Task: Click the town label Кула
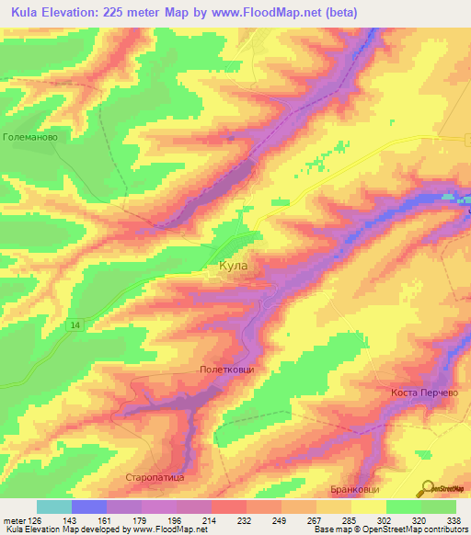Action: [234, 266]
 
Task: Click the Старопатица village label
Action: [155, 479]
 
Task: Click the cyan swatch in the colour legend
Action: [53, 507]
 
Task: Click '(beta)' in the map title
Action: [339, 13]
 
